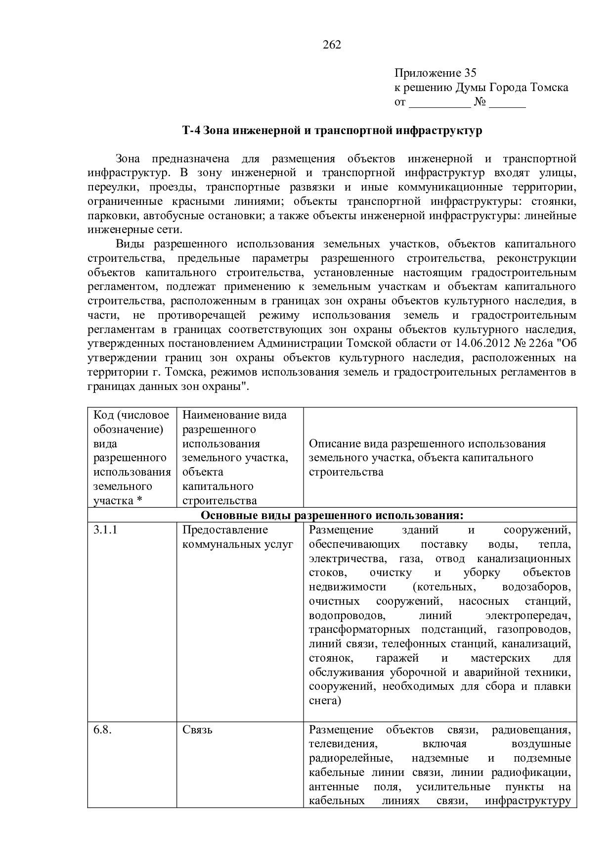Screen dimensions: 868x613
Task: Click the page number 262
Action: pyautogui.click(x=332, y=45)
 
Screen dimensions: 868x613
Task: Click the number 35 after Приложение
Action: pyautogui.click(x=470, y=73)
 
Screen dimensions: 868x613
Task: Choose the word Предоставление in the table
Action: pyautogui.click(x=225, y=530)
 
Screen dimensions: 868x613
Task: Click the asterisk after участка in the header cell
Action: pyautogui.click(x=139, y=500)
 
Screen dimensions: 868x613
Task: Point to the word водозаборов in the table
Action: pyautogui.click(x=536, y=587)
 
